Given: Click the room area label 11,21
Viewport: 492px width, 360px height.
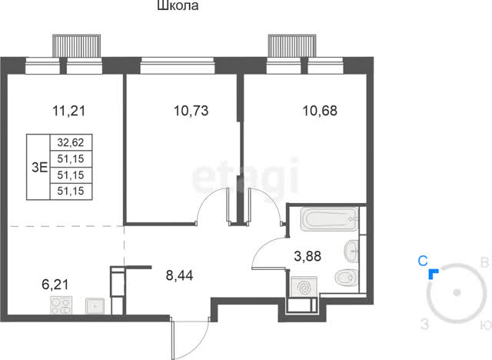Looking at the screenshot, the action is point(68,111).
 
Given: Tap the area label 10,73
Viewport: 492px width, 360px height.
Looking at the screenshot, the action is point(191,111).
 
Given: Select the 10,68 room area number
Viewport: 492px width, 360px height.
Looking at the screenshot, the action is point(320,111).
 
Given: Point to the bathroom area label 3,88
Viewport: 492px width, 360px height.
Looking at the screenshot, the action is point(307,256).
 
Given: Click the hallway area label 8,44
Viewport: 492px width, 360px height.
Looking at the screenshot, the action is point(179,275).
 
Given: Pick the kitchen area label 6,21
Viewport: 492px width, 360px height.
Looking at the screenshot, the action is point(55,285).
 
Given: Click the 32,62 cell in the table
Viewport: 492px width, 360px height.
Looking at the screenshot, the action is point(71,142).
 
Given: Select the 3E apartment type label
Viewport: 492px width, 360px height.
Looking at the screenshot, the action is point(39,168).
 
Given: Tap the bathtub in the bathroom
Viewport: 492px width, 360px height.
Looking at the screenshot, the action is point(329,218).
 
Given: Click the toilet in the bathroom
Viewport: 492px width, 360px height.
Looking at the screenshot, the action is point(347,278).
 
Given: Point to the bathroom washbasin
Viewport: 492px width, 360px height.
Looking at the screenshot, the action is point(351,251).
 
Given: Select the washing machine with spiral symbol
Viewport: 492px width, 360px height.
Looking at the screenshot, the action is point(304,287).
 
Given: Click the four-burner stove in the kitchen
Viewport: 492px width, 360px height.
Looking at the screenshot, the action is point(61,305).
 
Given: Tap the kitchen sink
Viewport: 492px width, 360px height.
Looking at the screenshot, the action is point(95,306).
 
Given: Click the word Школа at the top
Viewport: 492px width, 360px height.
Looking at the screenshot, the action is point(178,5).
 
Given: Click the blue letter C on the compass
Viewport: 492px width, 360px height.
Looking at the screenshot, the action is point(423,261).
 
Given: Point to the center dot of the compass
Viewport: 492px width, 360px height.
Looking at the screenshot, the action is point(457,292).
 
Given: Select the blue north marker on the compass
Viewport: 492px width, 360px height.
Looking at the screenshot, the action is point(433,273).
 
